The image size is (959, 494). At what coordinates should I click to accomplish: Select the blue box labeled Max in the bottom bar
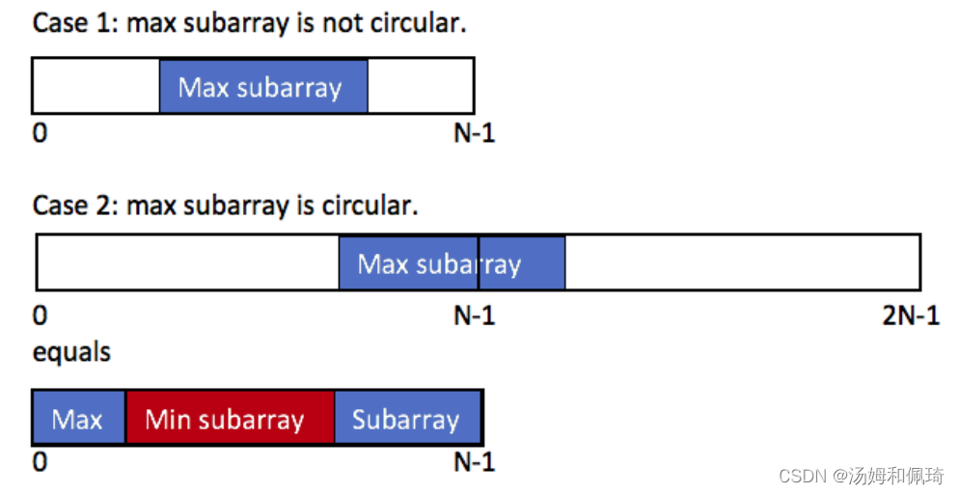(x=78, y=418)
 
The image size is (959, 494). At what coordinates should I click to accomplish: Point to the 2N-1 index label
(x=910, y=316)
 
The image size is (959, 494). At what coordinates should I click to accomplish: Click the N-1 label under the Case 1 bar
(x=474, y=133)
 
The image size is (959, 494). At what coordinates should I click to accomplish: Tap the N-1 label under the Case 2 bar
(x=474, y=316)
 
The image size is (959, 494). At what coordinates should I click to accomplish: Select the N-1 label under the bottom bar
(x=474, y=462)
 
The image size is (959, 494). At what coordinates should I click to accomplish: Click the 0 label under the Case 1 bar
(x=40, y=133)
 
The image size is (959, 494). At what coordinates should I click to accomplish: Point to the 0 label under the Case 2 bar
(x=40, y=316)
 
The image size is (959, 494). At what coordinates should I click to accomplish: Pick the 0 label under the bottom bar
(x=40, y=462)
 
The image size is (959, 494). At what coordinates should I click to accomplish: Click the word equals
(x=71, y=352)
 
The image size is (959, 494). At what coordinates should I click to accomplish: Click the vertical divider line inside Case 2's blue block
(x=479, y=262)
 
